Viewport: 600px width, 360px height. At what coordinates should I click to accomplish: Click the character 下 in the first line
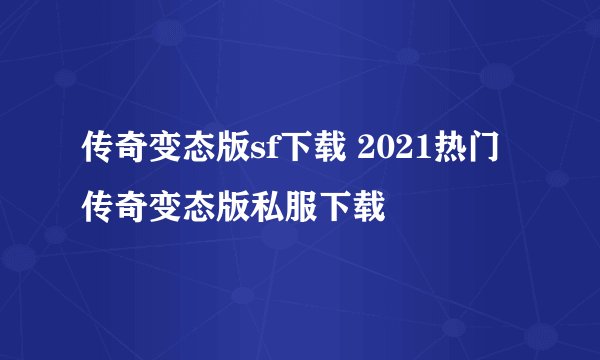298,153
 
